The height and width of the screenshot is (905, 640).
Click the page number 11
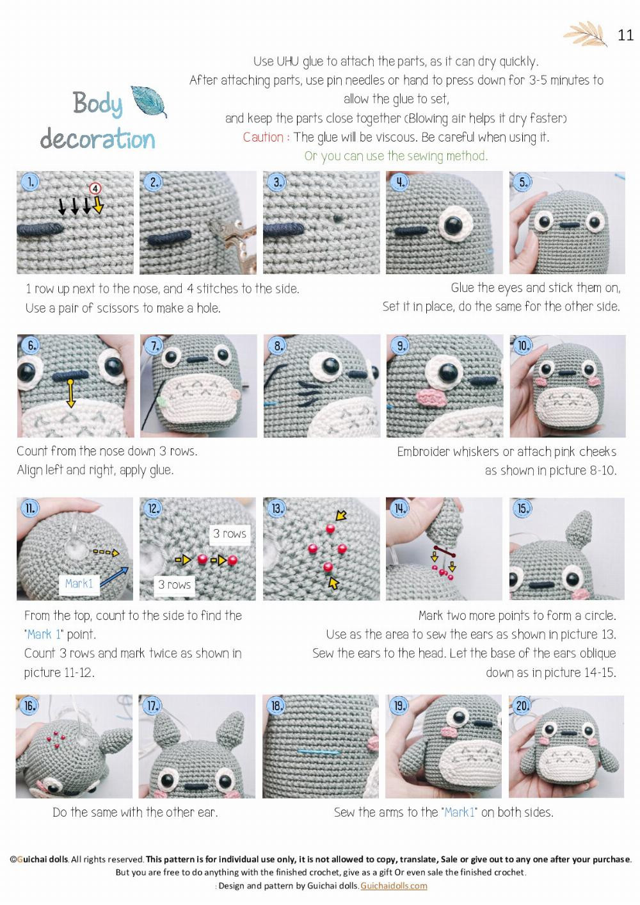[625, 35]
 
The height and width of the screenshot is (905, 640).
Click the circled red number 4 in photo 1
[95, 188]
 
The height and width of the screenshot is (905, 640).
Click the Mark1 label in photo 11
[79, 583]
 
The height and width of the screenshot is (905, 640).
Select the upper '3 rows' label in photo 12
[229, 534]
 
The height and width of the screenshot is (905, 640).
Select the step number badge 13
[277, 509]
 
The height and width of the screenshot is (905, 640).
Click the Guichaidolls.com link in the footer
[394, 886]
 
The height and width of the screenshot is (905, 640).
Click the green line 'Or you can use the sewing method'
[396, 156]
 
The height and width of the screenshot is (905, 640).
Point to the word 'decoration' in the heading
[97, 139]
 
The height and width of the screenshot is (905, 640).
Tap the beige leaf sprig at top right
[586, 34]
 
